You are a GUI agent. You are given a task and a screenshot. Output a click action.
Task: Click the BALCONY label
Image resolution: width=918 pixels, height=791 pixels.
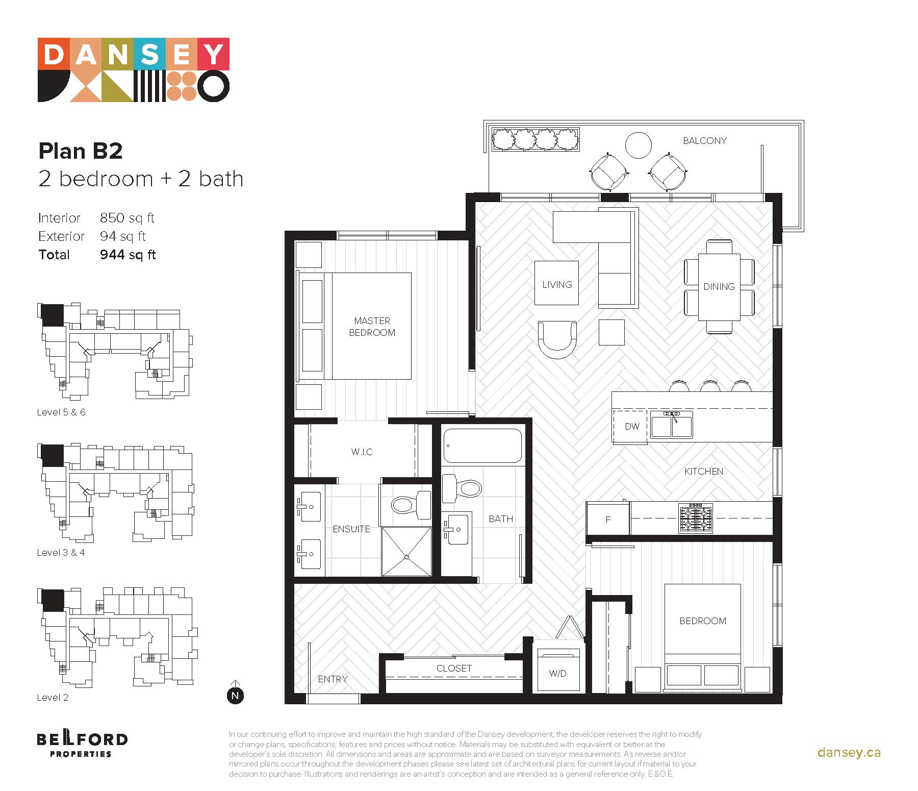(704, 141)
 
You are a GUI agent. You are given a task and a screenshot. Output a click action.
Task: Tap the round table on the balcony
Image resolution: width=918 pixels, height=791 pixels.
(638, 145)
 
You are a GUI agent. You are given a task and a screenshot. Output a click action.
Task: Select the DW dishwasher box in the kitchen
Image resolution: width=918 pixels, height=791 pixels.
(632, 426)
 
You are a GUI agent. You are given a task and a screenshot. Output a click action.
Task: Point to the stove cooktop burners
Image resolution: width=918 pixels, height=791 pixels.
(696, 518)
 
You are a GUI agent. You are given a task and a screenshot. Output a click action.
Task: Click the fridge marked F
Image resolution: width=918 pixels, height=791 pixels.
(608, 520)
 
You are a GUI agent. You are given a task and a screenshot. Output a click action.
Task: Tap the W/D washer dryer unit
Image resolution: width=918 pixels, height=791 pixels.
(558, 670)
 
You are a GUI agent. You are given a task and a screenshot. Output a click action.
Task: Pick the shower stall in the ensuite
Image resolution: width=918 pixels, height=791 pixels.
(406, 552)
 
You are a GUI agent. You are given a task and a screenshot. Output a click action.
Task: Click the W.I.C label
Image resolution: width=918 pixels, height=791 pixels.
(362, 452)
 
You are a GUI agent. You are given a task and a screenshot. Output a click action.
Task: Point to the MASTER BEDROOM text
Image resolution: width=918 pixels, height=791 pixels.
(372, 327)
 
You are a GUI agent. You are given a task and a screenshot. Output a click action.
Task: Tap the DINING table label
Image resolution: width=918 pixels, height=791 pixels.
(719, 287)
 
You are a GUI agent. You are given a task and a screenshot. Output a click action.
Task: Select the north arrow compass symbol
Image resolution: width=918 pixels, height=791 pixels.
(235, 693)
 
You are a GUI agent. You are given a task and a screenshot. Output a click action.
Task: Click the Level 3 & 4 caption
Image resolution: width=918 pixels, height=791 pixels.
(61, 552)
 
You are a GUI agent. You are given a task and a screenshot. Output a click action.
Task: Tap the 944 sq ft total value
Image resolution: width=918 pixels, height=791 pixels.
(127, 255)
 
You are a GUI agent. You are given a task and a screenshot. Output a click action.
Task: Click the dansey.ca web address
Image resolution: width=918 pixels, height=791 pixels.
(849, 752)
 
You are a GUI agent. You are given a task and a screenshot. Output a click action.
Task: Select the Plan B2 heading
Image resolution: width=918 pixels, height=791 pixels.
(81, 151)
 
